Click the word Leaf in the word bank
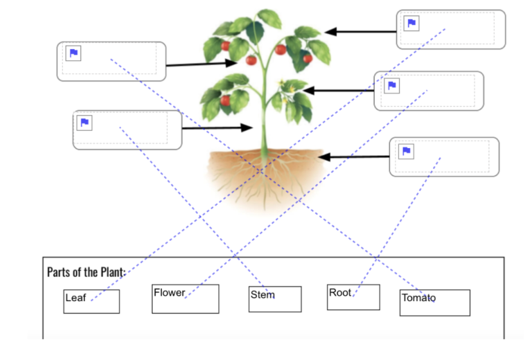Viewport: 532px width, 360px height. tap(76, 298)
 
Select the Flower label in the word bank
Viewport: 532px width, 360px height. tap(169, 293)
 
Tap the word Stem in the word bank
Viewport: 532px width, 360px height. tap(263, 295)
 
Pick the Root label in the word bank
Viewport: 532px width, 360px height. tap(341, 293)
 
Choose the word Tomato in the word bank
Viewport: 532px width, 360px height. tap(418, 298)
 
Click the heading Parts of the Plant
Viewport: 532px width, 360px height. tap(86, 271)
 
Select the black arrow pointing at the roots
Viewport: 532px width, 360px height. tap(353, 157)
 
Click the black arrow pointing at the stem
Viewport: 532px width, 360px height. tap(218, 128)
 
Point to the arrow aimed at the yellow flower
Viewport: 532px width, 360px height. tap(339, 90)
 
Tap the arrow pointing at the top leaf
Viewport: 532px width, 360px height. tap(360, 31)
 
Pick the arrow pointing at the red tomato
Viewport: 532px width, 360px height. tap(201, 64)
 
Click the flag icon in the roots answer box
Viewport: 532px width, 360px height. tap(407, 152)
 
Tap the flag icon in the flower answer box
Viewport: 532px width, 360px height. tap(392, 86)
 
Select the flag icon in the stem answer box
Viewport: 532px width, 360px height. tap(85, 123)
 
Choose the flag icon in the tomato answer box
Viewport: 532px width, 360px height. tap(73, 53)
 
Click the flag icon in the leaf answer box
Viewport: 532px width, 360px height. tap(411, 24)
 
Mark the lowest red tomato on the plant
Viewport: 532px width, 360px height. tap(225, 101)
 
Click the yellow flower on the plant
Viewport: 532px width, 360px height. tap(284, 86)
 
